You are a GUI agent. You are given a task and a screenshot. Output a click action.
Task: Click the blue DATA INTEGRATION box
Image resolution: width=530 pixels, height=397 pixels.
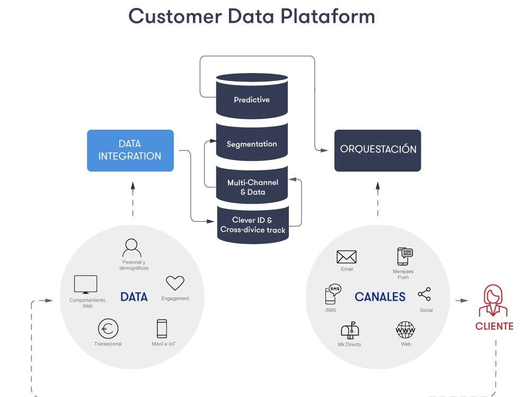tap(130, 150)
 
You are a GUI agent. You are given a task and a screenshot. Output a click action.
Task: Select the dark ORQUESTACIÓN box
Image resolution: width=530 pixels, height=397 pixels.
tap(377, 150)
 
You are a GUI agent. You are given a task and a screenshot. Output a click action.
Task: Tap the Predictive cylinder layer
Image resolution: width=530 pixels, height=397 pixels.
tap(252, 100)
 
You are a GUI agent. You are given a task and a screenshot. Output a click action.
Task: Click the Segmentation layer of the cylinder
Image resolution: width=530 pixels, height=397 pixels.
tap(252, 144)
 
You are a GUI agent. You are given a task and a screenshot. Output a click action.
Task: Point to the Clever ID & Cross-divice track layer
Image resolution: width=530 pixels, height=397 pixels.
tap(252, 225)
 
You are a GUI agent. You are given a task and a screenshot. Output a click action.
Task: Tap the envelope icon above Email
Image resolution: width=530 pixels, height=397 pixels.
tap(347, 257)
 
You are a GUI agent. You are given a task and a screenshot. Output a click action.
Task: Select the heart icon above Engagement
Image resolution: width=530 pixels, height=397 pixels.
tap(175, 283)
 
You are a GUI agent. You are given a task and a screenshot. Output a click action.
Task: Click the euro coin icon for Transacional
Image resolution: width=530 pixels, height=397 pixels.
tap(108, 329)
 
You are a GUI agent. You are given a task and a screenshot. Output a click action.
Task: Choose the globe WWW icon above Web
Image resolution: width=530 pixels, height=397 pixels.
tap(406, 330)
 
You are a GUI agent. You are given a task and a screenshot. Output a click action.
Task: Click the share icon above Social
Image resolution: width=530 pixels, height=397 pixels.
tap(425, 295)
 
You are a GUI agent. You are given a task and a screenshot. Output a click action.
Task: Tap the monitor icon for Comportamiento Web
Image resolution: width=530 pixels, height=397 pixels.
tap(86, 285)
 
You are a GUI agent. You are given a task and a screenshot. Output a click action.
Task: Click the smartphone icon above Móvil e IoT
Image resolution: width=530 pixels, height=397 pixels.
tap(162, 329)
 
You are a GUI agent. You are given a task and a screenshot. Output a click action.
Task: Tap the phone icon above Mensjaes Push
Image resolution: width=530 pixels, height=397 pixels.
tap(405, 256)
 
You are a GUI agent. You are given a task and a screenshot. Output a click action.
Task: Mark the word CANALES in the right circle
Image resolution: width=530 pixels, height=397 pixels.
tap(380, 297)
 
